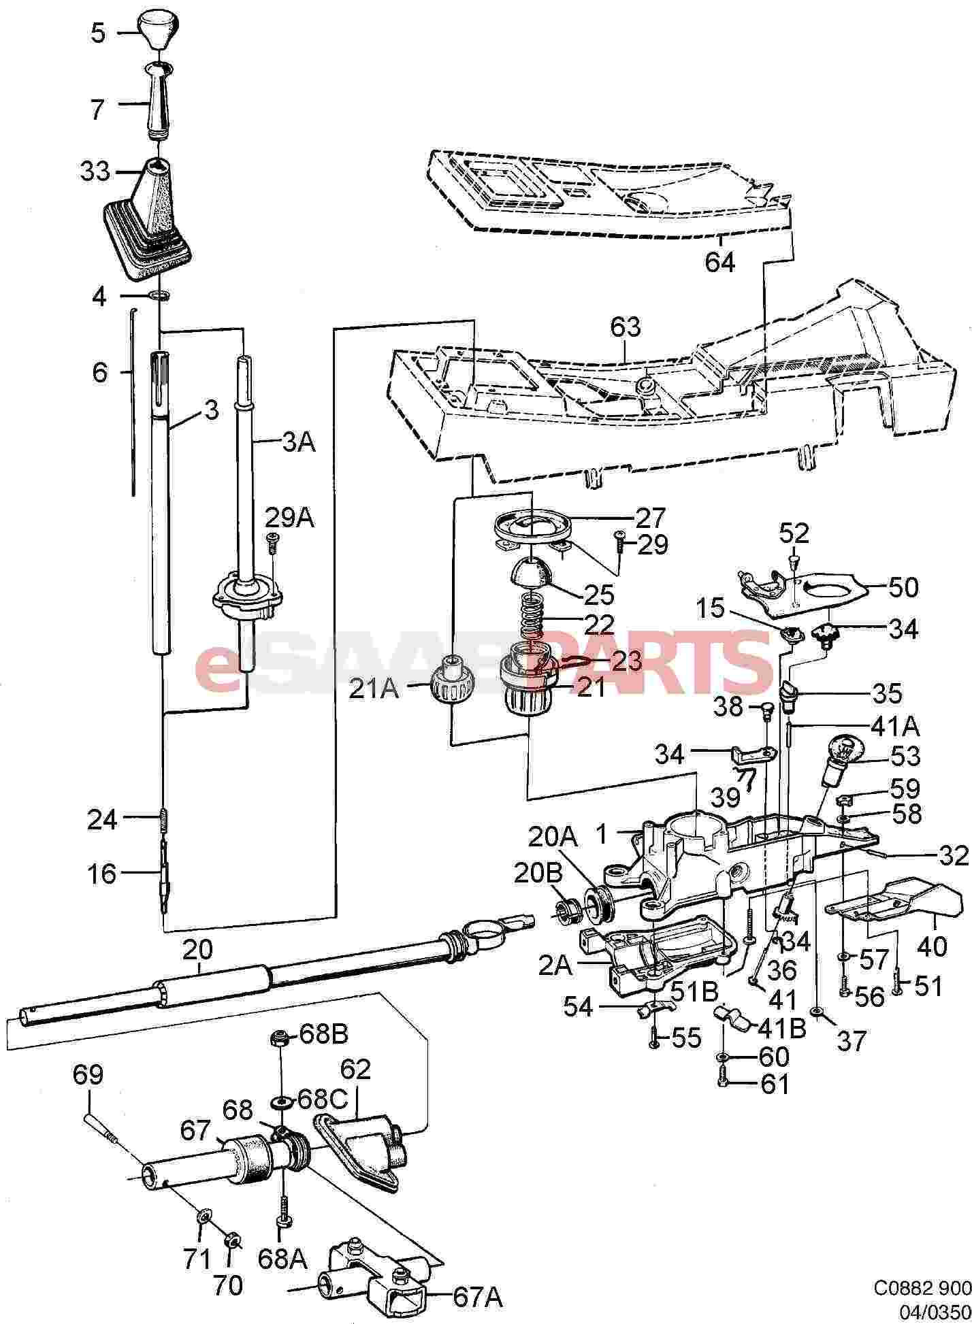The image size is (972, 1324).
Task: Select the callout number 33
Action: coord(95,171)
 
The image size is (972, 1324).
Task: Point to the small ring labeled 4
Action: coord(159,296)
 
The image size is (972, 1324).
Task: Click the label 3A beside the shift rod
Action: coord(299,444)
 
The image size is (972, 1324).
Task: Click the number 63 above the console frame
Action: coord(626,327)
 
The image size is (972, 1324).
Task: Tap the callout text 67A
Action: coord(478,1298)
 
